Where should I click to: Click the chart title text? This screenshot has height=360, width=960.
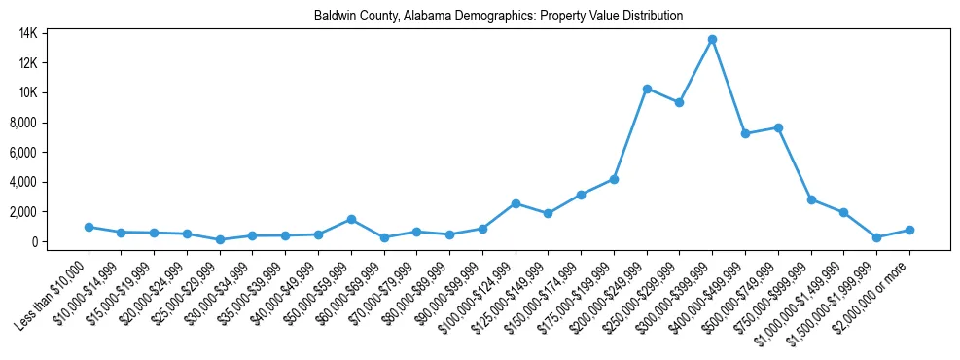click(x=498, y=16)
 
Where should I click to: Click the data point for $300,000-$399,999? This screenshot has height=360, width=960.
click(x=712, y=39)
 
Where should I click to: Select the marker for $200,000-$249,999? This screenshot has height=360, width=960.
click(x=647, y=89)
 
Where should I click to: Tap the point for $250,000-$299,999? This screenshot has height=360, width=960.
click(x=679, y=102)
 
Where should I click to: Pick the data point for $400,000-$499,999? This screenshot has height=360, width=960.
click(x=745, y=133)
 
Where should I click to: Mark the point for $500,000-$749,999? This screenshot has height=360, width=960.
click(x=778, y=127)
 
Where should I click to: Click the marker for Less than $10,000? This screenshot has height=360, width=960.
click(x=89, y=227)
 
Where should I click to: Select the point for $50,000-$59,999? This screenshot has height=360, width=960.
click(x=351, y=219)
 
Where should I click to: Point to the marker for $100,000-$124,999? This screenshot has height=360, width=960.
click(x=516, y=203)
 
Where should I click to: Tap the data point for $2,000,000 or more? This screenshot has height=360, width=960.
click(x=909, y=230)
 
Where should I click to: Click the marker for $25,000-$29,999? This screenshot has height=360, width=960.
click(x=220, y=239)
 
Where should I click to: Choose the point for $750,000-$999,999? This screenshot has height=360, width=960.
click(x=811, y=199)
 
